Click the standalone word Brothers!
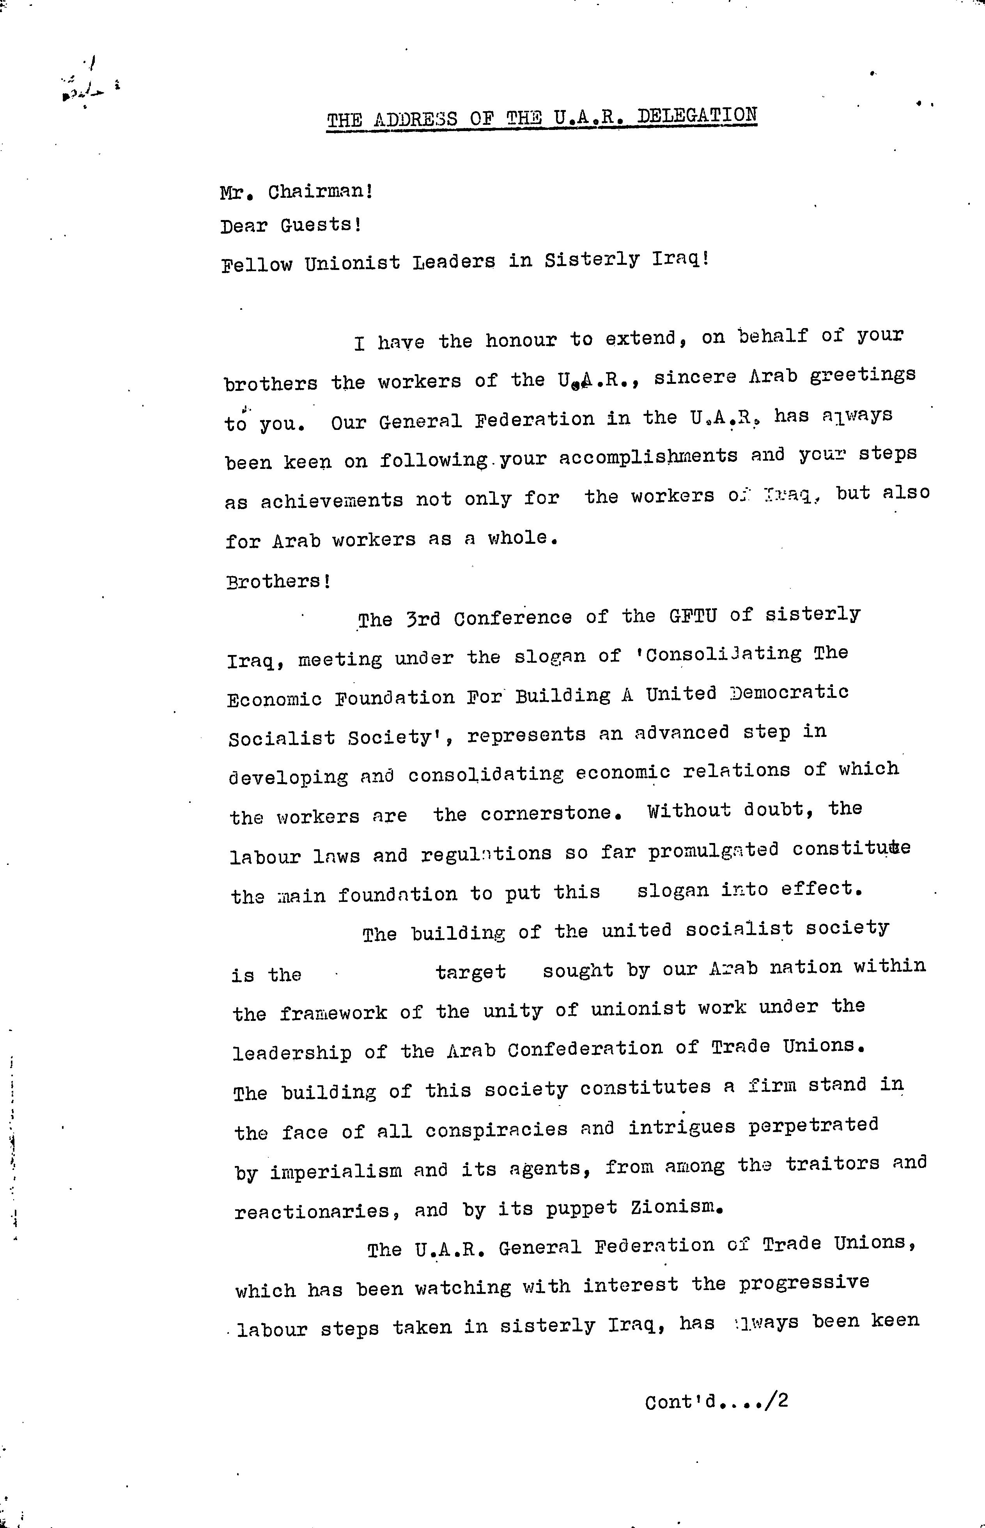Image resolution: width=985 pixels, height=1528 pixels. tap(278, 581)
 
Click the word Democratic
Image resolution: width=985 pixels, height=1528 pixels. tap(790, 693)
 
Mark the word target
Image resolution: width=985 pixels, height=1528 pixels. tap(471, 972)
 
